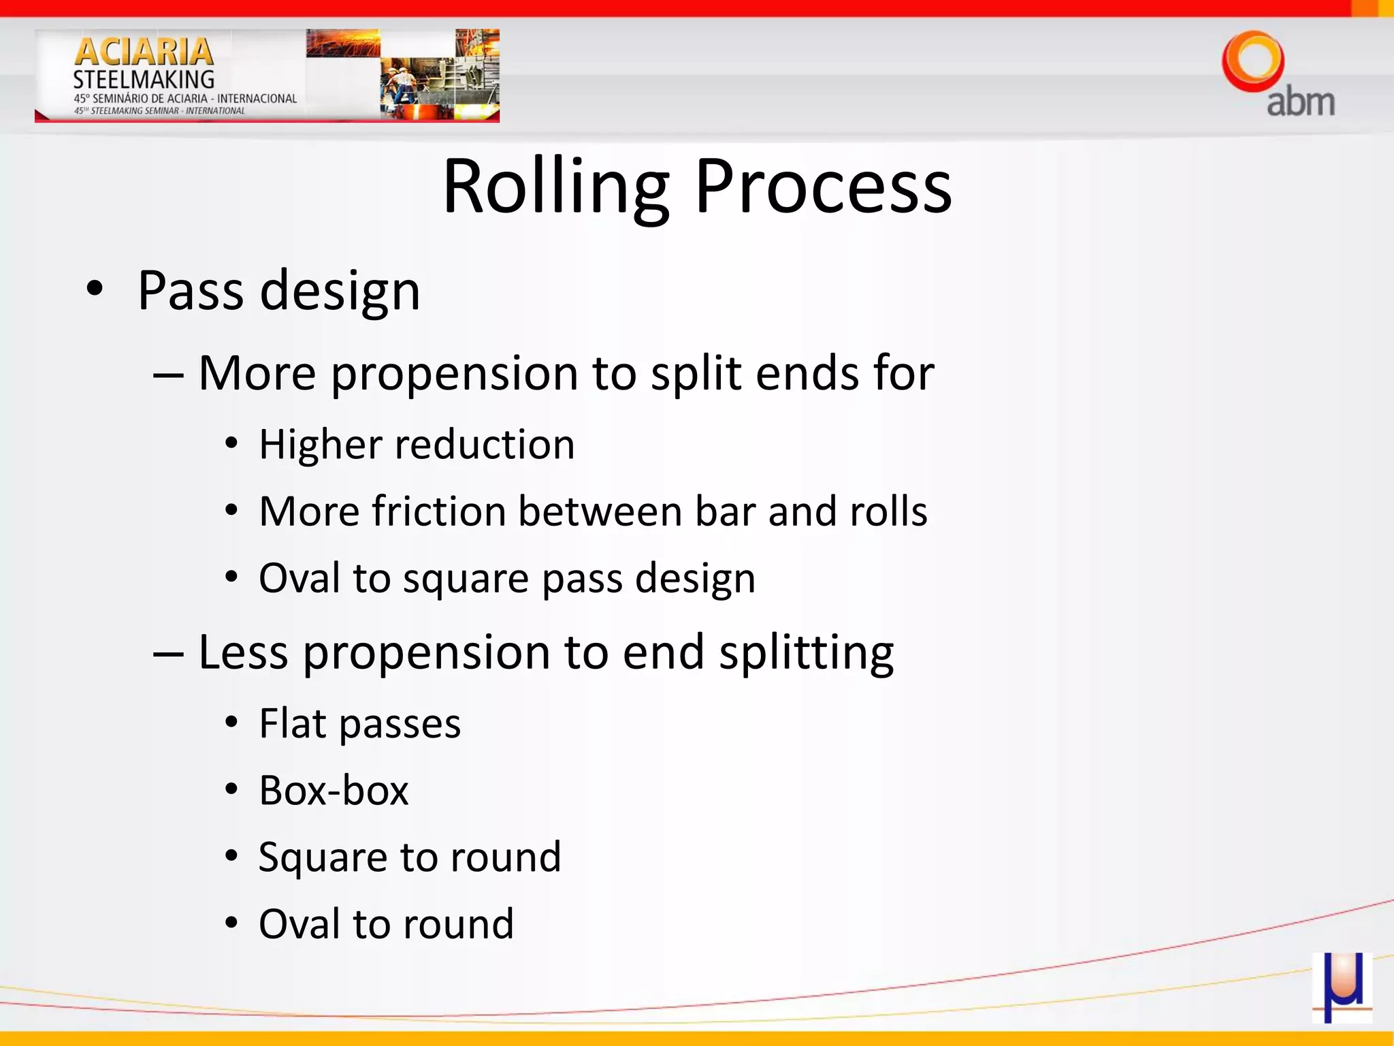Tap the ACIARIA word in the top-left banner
(x=144, y=52)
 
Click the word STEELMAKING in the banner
(x=144, y=80)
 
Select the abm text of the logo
(x=1300, y=102)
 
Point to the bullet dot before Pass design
(x=95, y=289)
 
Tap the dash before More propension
(x=167, y=375)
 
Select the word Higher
(x=320, y=445)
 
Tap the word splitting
(x=807, y=652)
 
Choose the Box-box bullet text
(x=334, y=791)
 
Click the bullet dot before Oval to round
(x=231, y=924)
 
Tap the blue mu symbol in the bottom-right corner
(x=1341, y=987)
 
